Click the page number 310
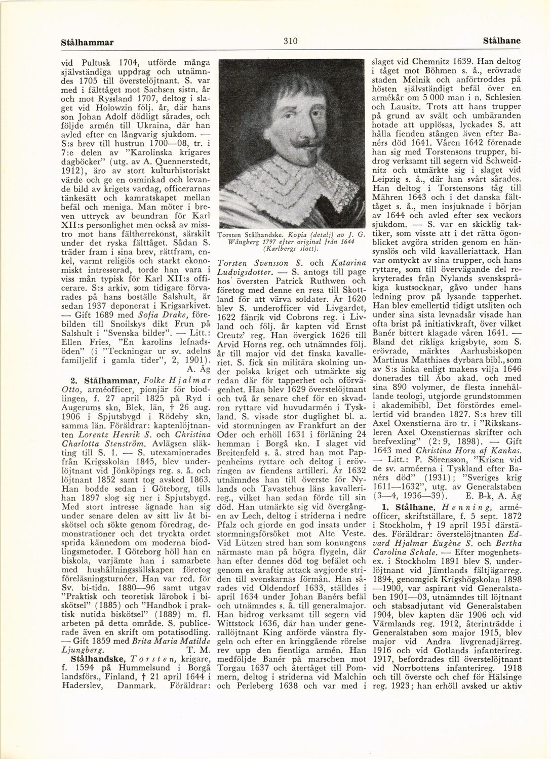point(290,41)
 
